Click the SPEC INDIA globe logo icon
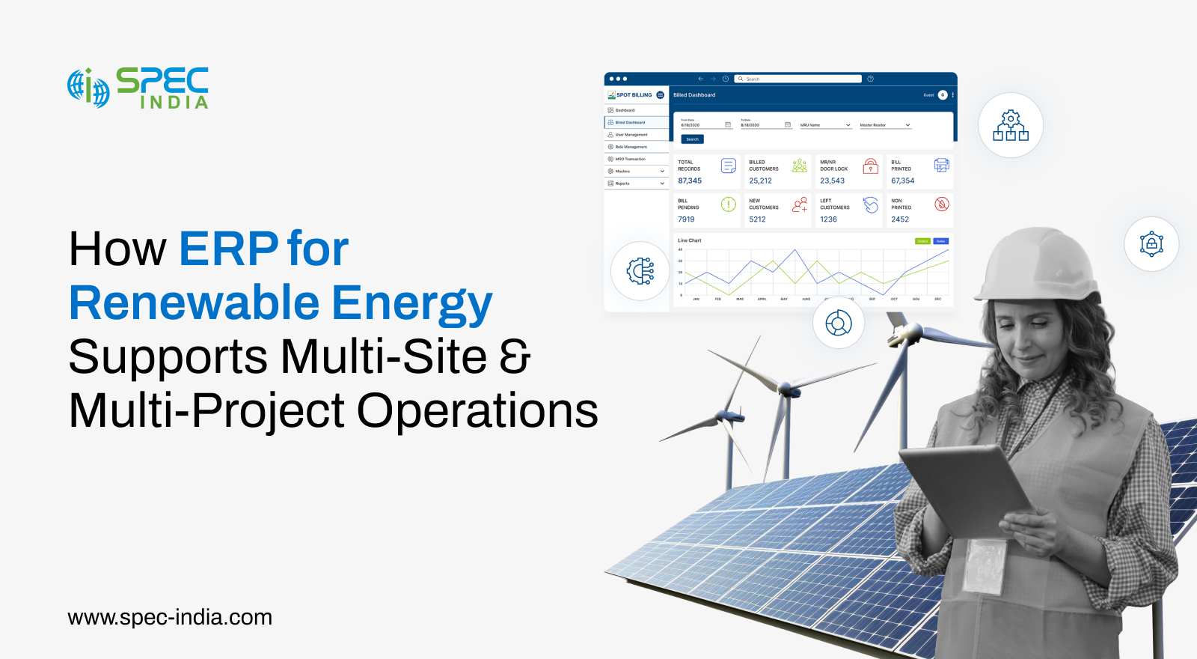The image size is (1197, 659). click(88, 88)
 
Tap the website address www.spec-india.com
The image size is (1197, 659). click(170, 618)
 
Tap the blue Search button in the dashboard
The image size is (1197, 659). click(692, 139)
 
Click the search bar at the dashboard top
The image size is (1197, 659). click(798, 79)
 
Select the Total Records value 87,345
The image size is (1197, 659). click(690, 181)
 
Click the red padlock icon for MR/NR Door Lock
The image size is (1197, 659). click(870, 165)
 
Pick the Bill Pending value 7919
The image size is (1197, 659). click(686, 219)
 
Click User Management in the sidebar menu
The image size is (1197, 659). click(631, 135)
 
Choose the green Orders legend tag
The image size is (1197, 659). click(922, 241)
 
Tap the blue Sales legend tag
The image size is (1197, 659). click(941, 241)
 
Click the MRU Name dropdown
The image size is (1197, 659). click(825, 125)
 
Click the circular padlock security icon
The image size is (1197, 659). click(1151, 244)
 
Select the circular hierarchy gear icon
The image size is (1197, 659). click(1011, 125)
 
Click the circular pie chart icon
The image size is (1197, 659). click(839, 324)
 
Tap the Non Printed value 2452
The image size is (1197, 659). click(900, 219)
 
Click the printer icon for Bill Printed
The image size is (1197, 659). click(941, 165)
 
